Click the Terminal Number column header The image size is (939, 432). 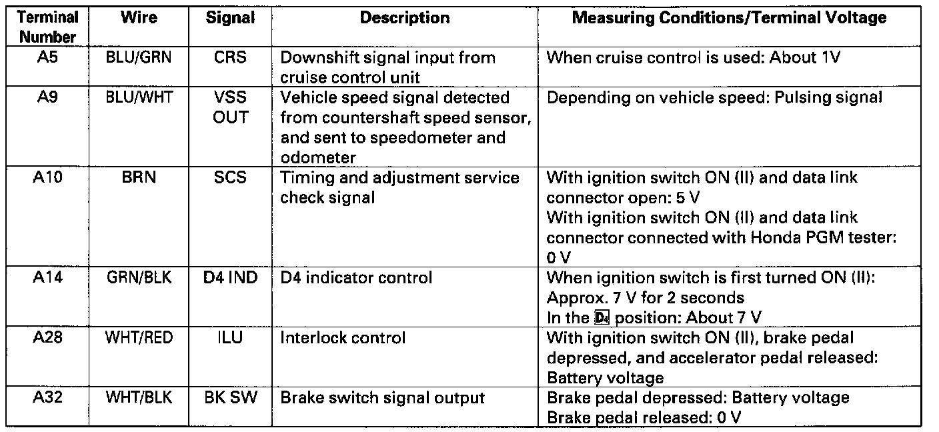(47, 27)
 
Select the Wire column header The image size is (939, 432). (138, 18)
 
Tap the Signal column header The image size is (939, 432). (229, 18)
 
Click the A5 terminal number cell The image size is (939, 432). (47, 57)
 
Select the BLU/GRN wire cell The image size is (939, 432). (138, 57)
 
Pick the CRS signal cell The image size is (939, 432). (230, 57)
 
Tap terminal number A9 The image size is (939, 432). (47, 97)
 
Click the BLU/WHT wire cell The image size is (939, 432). (139, 97)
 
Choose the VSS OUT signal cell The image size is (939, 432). (230, 107)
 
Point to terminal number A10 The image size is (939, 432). (47, 177)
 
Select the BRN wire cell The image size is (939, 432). (138, 177)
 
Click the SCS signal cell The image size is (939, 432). (230, 177)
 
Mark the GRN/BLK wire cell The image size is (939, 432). (139, 277)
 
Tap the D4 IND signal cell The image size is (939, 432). (230, 277)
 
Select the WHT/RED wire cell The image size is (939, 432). (139, 337)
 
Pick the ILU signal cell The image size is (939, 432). (230, 337)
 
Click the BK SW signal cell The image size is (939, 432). (230, 398)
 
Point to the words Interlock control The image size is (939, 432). (343, 338)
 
